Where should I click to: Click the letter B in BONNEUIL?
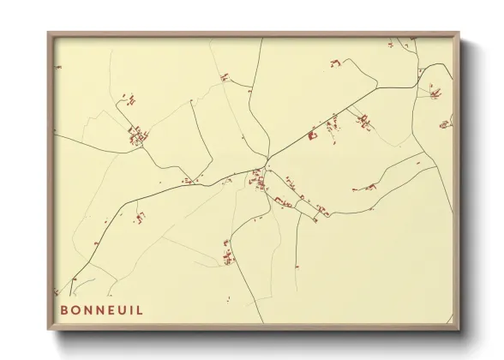[x=63, y=310]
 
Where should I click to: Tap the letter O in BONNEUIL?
[x=75, y=310]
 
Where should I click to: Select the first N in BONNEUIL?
[x=87, y=310]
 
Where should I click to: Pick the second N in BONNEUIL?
[x=100, y=310]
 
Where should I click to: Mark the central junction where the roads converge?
[x=267, y=163]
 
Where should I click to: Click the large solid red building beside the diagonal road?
[x=313, y=135]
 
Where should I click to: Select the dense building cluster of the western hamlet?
[x=136, y=135]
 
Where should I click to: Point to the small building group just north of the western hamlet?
[x=131, y=100]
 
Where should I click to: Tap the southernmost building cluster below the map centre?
[x=227, y=255]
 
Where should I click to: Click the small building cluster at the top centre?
[x=225, y=77]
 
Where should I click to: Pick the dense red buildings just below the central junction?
[x=256, y=180]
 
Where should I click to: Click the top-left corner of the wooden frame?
[x=48, y=33]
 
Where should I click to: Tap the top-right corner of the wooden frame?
[x=459, y=33]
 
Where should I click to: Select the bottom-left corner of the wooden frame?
[x=48, y=330]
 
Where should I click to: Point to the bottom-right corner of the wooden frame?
[x=459, y=330]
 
